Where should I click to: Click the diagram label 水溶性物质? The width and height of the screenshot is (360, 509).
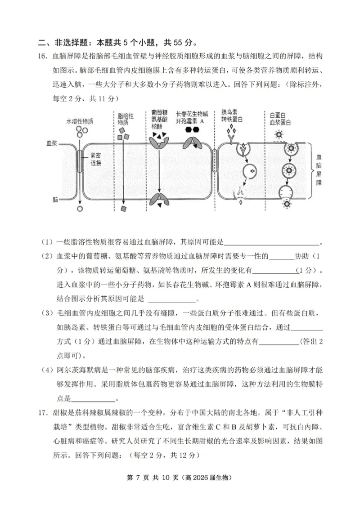click(x=80, y=121)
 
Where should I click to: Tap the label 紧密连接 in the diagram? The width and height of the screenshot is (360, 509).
click(x=96, y=159)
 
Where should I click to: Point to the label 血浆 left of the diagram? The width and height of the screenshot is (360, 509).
click(x=52, y=143)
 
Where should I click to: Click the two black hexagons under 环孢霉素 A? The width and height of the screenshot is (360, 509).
click(x=192, y=129)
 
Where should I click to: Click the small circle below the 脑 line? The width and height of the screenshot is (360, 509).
click(x=80, y=208)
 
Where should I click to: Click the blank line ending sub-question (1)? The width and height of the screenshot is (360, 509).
click(x=271, y=243)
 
